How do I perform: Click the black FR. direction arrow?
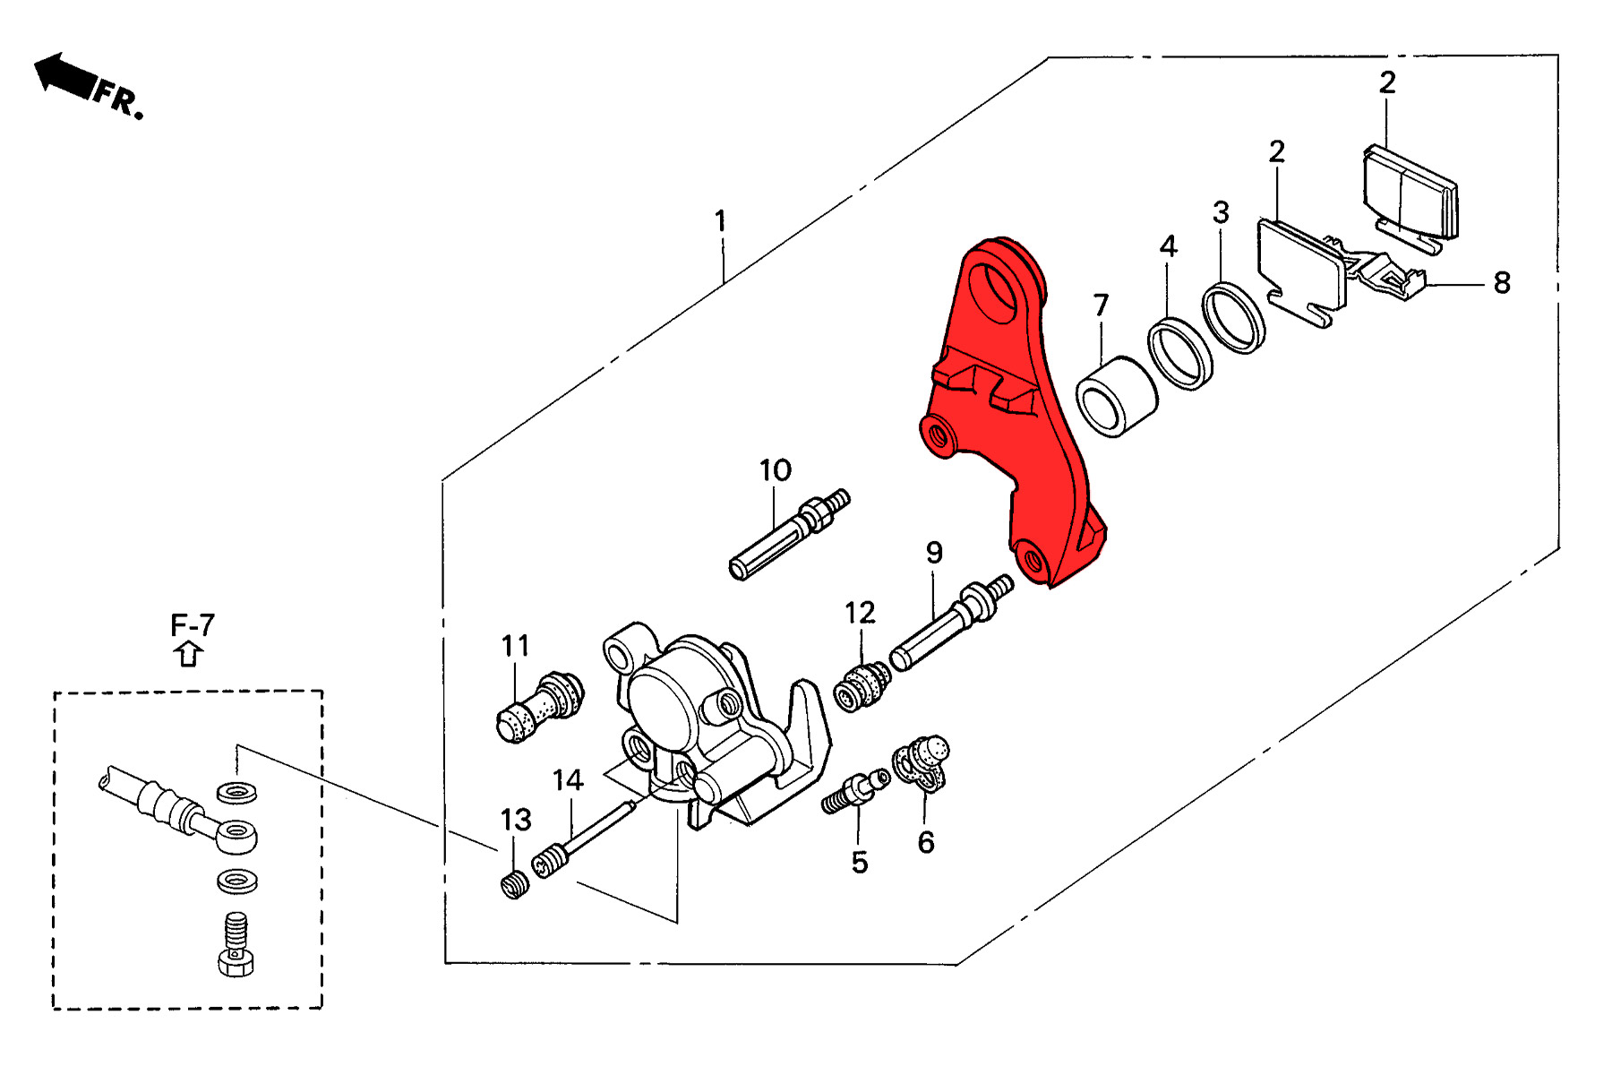[x=64, y=75]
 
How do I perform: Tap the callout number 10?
[x=776, y=470]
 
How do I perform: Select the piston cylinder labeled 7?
[x=1116, y=397]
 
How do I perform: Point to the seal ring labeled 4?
[x=1180, y=353]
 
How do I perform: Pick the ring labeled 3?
[x=1233, y=317]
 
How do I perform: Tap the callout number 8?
[x=1502, y=283]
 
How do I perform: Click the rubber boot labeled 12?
[x=862, y=686]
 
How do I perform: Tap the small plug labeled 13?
[x=514, y=886]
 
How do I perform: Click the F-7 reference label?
[x=193, y=625]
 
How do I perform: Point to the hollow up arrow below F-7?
[x=188, y=654]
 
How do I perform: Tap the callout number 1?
[x=720, y=220]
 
